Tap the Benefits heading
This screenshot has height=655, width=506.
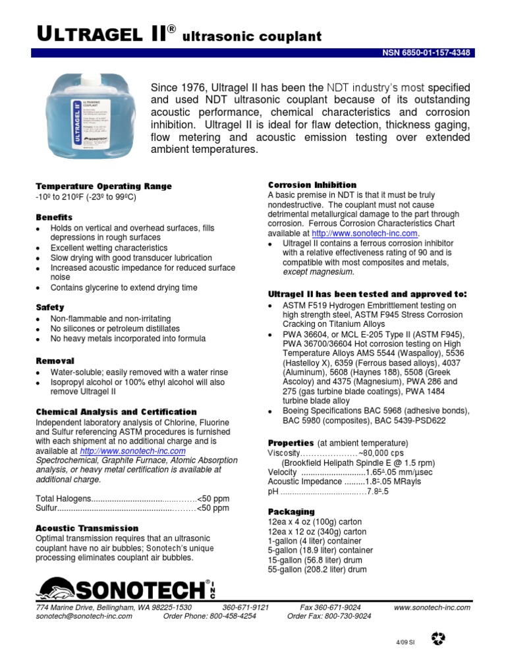tap(54, 217)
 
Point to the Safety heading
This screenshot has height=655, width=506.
tap(50, 307)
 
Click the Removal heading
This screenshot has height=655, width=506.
tap(55, 361)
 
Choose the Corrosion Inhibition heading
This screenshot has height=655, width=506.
tap(312, 185)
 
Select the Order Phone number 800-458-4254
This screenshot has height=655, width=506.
tap(210, 616)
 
